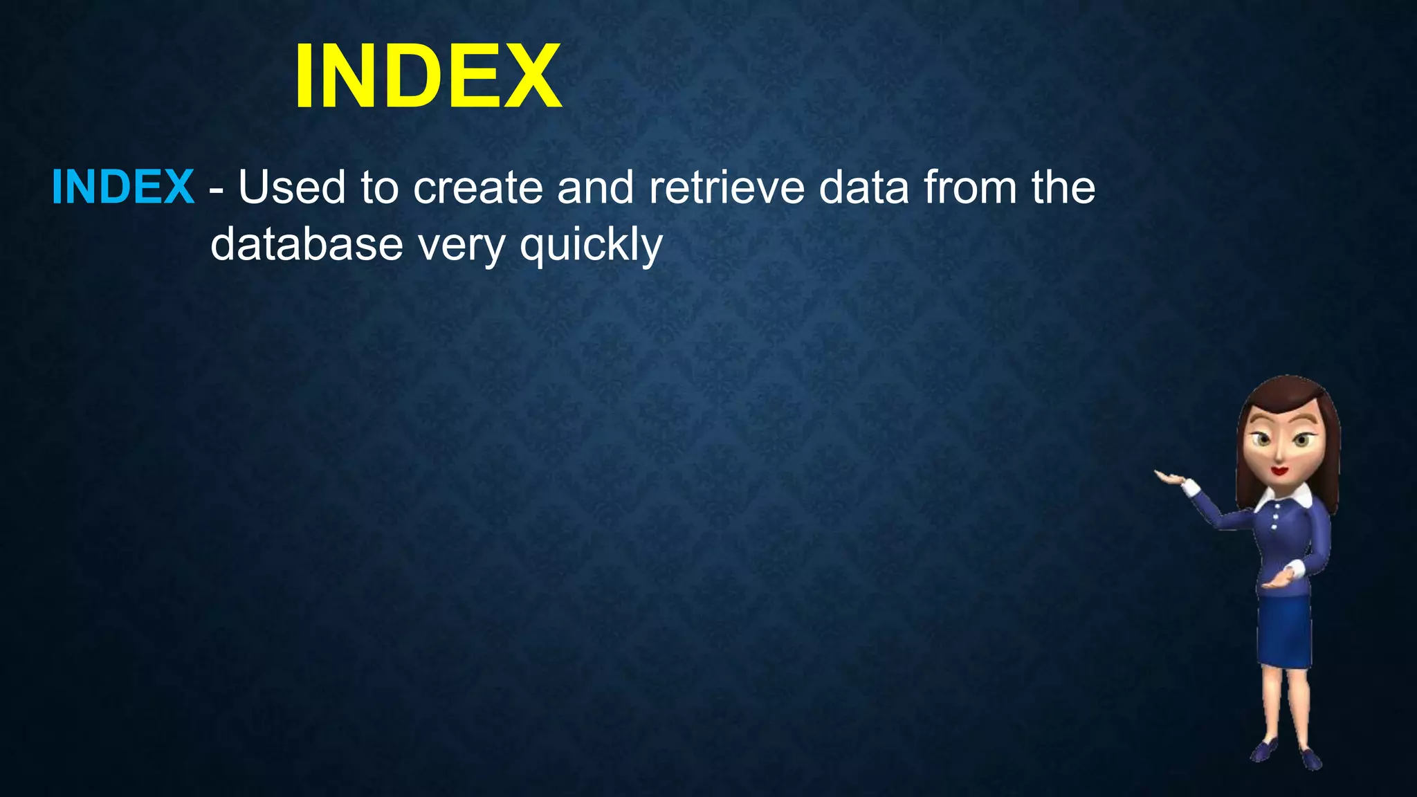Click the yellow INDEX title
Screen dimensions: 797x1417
pyautogui.click(x=428, y=76)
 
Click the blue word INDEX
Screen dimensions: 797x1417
pyautogui.click(x=123, y=187)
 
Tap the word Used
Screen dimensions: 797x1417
pyautogui.click(x=291, y=187)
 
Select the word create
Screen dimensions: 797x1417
pyautogui.click(x=478, y=188)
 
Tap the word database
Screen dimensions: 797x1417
pyautogui.click(x=307, y=244)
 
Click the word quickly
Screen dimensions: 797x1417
pyautogui.click(x=592, y=246)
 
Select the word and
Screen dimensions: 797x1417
pyautogui.click(x=595, y=187)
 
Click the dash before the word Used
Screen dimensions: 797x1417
pyautogui.click(x=216, y=190)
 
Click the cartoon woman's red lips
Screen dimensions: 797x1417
pyautogui.click(x=1279, y=471)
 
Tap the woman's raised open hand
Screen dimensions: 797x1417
pyautogui.click(x=1170, y=477)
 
